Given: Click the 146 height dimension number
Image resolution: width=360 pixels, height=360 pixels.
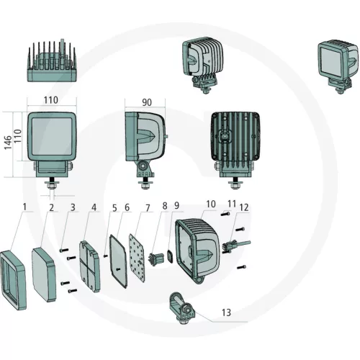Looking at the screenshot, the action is click(8, 143).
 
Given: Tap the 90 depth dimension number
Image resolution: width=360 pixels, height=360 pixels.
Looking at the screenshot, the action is click(147, 102).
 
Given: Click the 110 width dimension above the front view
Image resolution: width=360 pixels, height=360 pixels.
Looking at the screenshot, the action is click(51, 100).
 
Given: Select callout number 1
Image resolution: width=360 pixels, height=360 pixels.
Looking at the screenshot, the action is click(24, 207).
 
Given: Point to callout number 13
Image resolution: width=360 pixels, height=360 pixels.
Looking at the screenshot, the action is click(226, 312).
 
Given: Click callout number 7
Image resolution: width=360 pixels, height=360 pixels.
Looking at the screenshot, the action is click(148, 208).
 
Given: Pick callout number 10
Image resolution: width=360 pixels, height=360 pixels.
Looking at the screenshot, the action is click(211, 204).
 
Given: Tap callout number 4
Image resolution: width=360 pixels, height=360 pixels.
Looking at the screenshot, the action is click(94, 207).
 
